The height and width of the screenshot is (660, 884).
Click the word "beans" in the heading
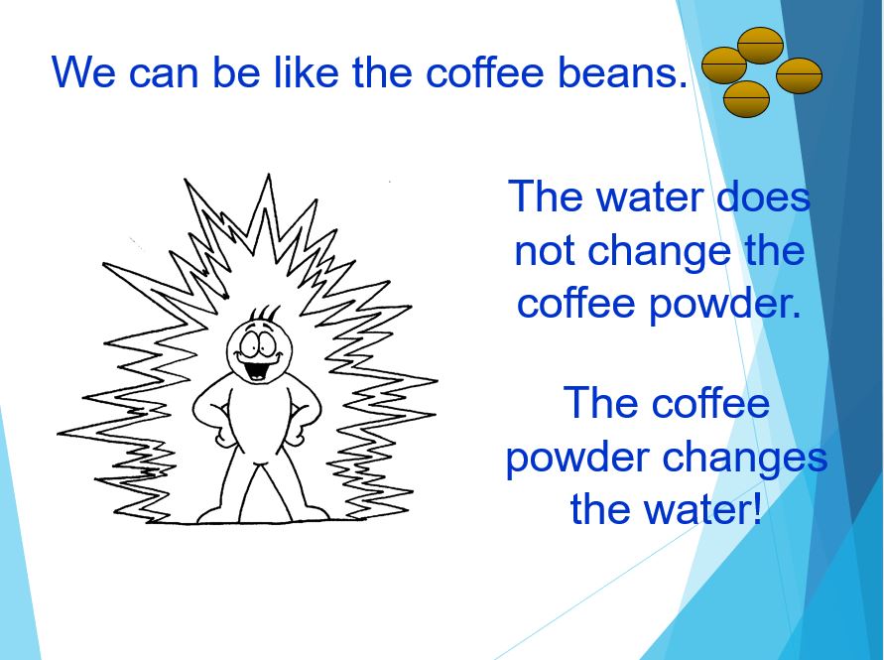[622, 72]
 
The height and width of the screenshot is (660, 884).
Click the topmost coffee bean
[761, 45]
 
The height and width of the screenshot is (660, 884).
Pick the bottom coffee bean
[746, 99]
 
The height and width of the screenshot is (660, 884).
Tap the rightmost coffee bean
[799, 75]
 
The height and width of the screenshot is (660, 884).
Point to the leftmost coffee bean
[724, 66]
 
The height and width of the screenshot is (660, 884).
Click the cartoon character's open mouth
[257, 369]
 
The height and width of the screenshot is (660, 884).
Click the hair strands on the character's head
[264, 313]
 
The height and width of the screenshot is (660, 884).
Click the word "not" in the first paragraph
[544, 250]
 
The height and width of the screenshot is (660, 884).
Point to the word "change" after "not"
[660, 253]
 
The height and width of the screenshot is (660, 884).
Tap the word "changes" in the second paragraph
[745, 460]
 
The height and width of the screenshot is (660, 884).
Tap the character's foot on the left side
[216, 514]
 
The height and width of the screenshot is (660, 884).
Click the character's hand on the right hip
[297, 435]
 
